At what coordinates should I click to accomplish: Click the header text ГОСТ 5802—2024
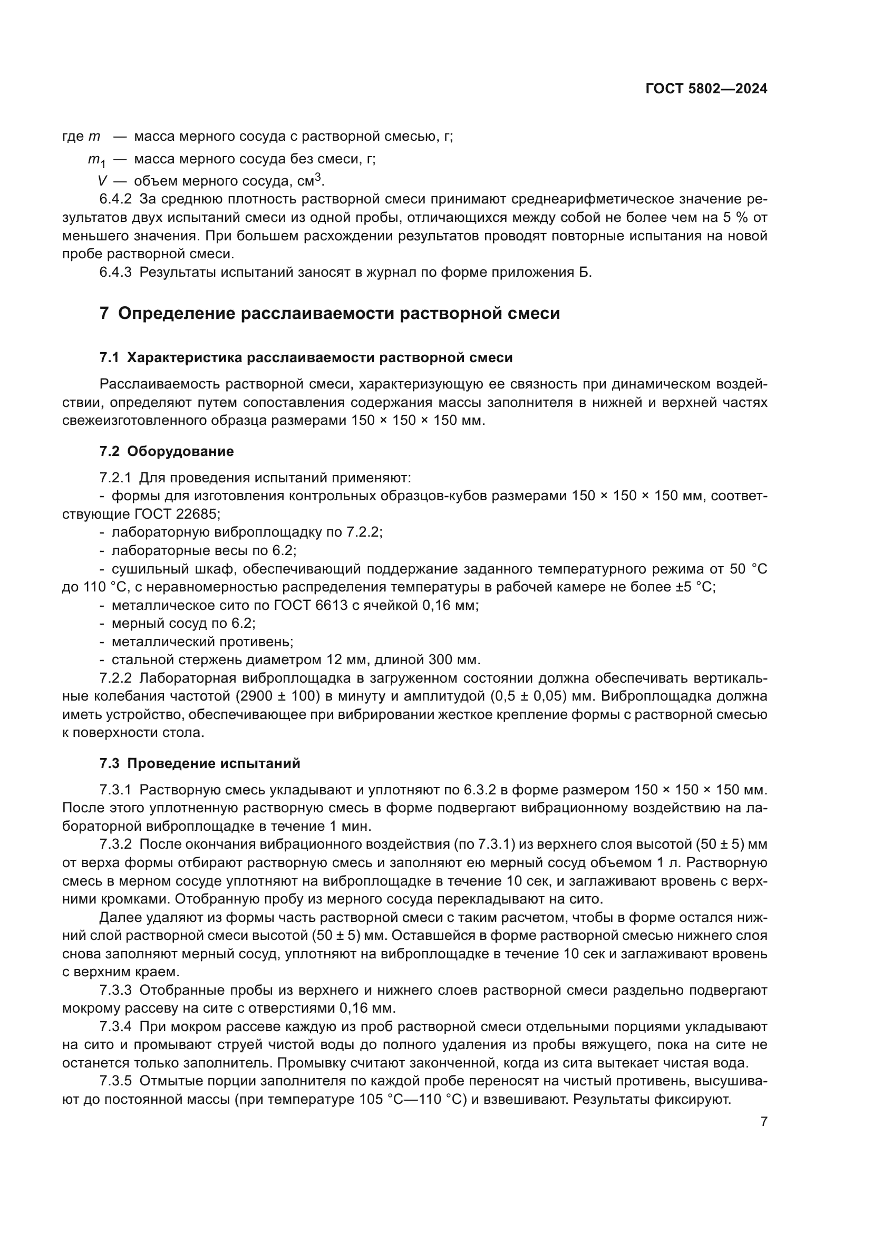click(x=706, y=89)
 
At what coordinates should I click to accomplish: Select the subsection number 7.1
click(x=110, y=357)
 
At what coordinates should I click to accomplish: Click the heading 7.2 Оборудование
click(x=167, y=451)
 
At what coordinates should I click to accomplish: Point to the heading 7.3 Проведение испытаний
click(x=200, y=763)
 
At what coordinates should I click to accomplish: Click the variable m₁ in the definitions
click(x=96, y=160)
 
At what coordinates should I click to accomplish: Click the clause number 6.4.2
click(x=115, y=199)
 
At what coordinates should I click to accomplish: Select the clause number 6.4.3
click(x=115, y=272)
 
